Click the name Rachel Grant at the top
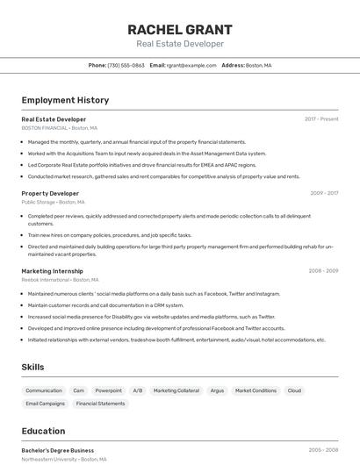[x=179, y=29]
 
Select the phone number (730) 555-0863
[x=126, y=65]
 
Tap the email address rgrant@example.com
[x=191, y=65]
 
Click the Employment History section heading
[x=65, y=101]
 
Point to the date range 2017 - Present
[x=321, y=118]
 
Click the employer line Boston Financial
[x=59, y=128]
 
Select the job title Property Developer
[x=50, y=193]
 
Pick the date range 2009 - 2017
[x=324, y=193]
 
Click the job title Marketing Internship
[x=52, y=271]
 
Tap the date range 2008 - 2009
[x=323, y=271]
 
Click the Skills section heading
[x=32, y=367]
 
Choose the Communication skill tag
[x=44, y=390]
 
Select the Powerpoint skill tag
[x=109, y=390]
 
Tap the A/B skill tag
[x=138, y=390]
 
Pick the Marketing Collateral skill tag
[x=176, y=390]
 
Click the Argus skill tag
[x=217, y=390]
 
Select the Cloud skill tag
[x=294, y=390]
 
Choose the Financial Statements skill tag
[x=100, y=404]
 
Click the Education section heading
[x=43, y=431]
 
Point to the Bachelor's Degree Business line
[x=57, y=450]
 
